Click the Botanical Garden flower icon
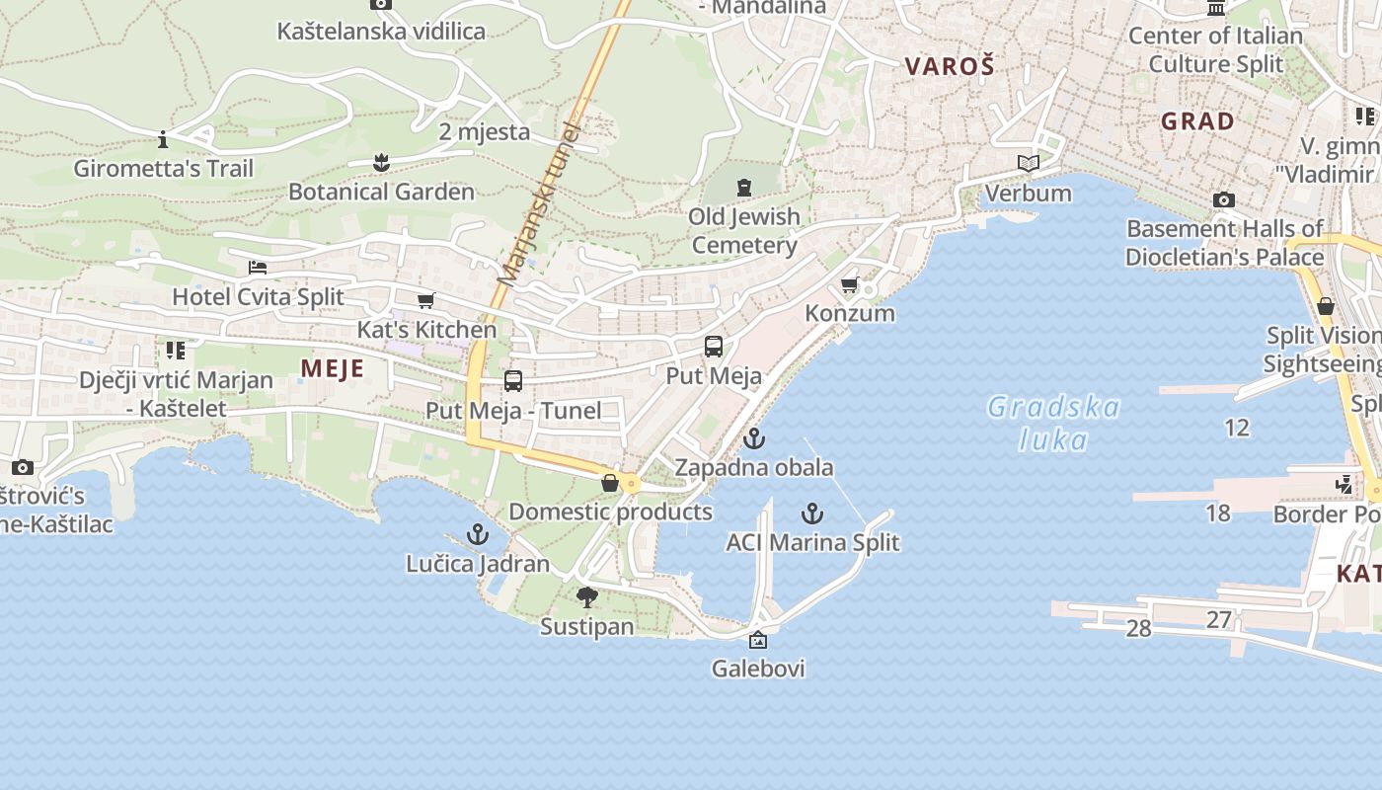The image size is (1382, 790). tap(381, 163)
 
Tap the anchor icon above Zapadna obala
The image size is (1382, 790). tap(754, 437)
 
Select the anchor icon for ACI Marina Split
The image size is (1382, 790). tap(811, 513)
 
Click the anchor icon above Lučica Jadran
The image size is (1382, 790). tap(478, 535)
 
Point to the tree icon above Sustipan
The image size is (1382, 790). tap(587, 596)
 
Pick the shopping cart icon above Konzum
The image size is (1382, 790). tap(849, 285)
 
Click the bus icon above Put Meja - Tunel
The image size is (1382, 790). tap(513, 380)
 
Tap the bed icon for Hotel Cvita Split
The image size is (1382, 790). tap(258, 268)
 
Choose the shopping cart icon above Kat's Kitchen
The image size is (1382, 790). tap(426, 300)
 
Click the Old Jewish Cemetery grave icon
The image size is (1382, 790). tap(744, 186)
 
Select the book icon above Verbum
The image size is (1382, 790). tap(1029, 163)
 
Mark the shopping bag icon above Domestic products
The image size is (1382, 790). tap(610, 483)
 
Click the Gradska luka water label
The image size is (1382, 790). tap(1053, 423)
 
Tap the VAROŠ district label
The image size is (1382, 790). tap(950, 66)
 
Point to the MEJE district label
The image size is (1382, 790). tap(333, 369)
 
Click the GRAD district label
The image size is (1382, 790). tap(1197, 121)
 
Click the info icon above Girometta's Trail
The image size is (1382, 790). tap(163, 139)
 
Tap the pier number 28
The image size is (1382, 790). tap(1138, 628)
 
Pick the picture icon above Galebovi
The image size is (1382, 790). tap(758, 640)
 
